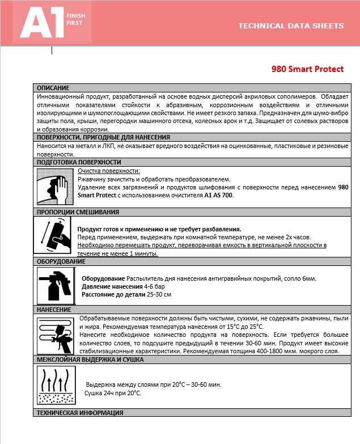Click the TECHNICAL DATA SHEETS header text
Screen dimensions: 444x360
tap(291, 26)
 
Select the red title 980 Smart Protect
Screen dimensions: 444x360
tap(307, 69)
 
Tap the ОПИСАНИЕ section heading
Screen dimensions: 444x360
tap(53, 88)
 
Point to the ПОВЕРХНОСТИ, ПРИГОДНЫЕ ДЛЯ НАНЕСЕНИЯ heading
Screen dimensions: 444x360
tap(103, 137)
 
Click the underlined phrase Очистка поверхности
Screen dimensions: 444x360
tap(109, 171)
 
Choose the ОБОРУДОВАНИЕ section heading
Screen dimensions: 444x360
tap(61, 261)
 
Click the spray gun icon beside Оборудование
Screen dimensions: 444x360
tap(56, 284)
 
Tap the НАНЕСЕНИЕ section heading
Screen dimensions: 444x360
tap(54, 310)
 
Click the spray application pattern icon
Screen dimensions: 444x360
tap(54, 335)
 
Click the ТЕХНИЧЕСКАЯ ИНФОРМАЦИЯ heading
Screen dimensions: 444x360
tap(80, 412)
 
